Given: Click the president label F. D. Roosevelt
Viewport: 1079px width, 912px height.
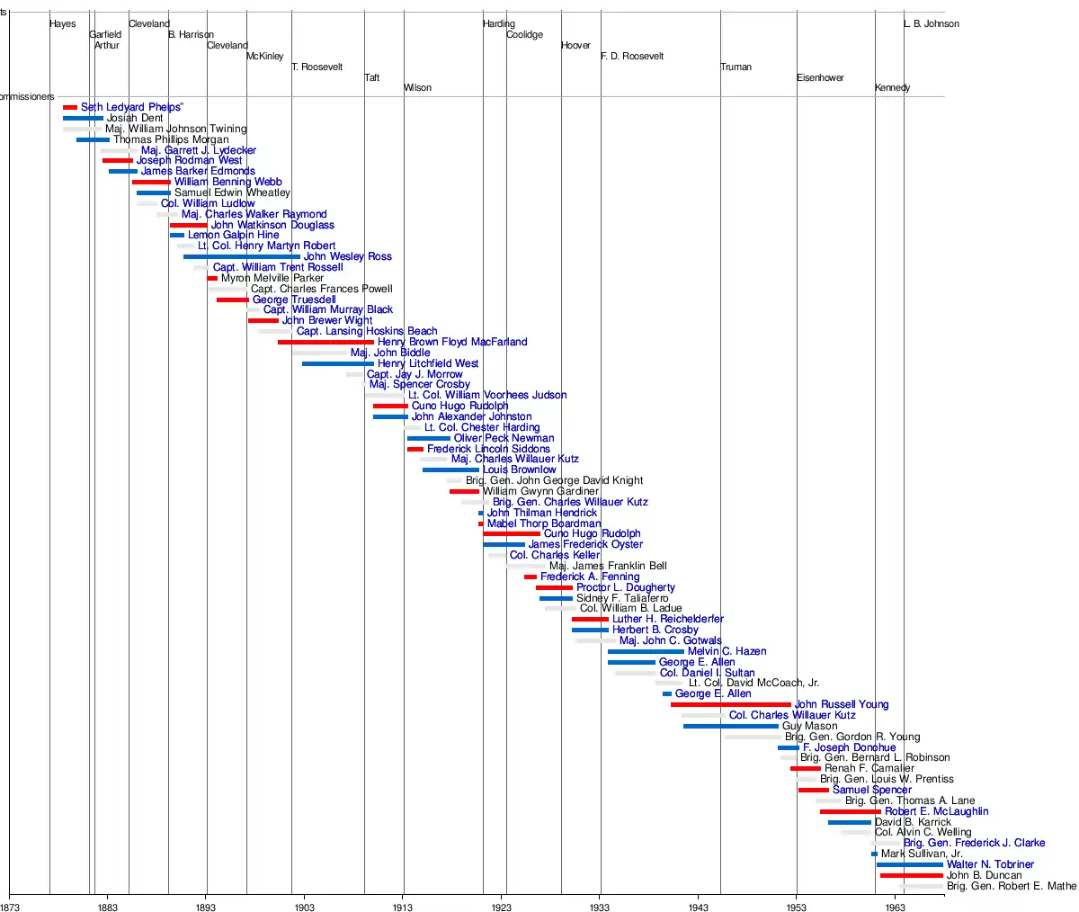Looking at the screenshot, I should click(632, 57).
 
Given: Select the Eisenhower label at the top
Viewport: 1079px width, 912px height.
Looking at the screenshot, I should click(820, 78).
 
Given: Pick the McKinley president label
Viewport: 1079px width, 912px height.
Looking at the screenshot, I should click(264, 57).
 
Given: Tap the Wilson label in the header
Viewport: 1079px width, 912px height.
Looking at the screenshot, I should click(417, 88).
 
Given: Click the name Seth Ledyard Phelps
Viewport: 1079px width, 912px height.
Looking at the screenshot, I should click(132, 107).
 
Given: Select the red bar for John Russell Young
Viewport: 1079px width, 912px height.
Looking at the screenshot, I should click(730, 704).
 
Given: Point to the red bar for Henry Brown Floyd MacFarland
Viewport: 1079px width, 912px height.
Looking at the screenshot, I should click(325, 342).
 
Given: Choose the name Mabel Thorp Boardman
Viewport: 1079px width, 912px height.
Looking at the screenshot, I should click(544, 523).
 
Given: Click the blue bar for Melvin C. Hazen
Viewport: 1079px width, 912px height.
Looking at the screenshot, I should click(646, 651).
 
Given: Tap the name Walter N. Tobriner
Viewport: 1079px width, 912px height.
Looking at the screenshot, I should click(990, 864).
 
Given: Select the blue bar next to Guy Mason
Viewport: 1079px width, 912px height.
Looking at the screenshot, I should click(730, 726).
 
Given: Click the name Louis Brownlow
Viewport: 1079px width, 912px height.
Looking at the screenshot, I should click(520, 469).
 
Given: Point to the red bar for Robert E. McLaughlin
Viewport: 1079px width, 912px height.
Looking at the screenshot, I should click(850, 811).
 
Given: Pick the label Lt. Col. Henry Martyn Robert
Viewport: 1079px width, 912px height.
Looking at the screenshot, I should click(266, 246).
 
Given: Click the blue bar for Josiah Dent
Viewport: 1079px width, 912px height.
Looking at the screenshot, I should click(83, 118).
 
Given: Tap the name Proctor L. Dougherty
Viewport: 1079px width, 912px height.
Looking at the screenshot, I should click(625, 587).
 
